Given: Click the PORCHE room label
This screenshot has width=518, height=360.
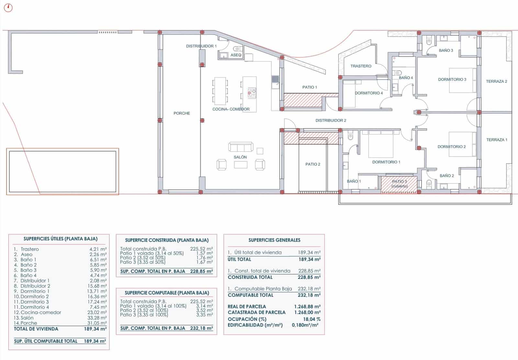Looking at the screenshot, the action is pyautogui.click(x=182, y=113).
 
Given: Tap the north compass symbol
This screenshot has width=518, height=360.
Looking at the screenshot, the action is pyautogui.click(x=8, y=8).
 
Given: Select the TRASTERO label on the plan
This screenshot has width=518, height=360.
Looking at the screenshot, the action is pyautogui.click(x=361, y=66).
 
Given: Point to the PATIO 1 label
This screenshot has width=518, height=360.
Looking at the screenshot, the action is pyautogui.click(x=310, y=87).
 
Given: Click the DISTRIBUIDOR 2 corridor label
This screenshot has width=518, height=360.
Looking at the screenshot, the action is pyautogui.click(x=331, y=120).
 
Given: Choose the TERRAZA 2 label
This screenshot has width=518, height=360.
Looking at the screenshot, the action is pyautogui.click(x=496, y=81).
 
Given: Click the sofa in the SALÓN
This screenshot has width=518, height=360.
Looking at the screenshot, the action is pyautogui.click(x=241, y=147).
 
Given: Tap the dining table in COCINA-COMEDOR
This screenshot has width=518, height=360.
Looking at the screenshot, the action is pyautogui.click(x=220, y=91).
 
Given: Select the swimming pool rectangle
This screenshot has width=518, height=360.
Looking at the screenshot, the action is pyautogui.click(x=62, y=171).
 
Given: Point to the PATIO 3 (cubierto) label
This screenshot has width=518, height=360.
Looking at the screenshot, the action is pyautogui.click(x=400, y=184).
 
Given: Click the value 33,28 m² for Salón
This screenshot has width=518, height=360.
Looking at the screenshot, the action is pyautogui.click(x=97, y=318).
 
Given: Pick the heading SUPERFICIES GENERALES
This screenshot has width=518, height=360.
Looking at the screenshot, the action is pyautogui.click(x=274, y=240).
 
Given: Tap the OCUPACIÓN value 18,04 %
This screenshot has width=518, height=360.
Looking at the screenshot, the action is pyautogui.click(x=312, y=319).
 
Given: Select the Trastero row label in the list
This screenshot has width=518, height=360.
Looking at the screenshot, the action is pyautogui.click(x=29, y=249).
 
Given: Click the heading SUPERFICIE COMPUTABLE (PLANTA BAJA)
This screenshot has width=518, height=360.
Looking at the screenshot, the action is pyautogui.click(x=167, y=293).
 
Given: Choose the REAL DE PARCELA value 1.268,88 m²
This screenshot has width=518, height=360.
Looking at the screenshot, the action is pyautogui.click(x=307, y=307).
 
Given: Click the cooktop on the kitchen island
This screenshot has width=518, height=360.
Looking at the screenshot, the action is pyautogui.click(x=252, y=93).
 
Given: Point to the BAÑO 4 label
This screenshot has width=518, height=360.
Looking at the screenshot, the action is pyautogui.click(x=406, y=78).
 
